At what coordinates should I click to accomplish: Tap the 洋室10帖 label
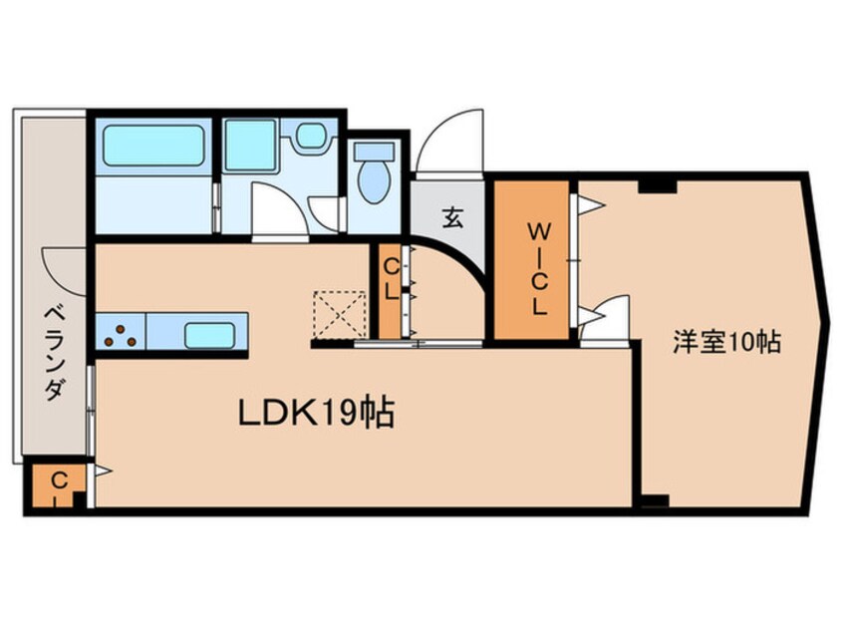point(724,342)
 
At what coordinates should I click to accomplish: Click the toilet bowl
point(374,174)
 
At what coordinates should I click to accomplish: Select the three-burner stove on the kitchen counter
point(121,333)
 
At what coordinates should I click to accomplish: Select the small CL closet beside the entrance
point(391,291)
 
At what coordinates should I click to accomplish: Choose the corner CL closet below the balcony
point(58,487)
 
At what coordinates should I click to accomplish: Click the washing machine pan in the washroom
point(249,146)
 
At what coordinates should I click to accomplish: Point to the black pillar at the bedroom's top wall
point(657,185)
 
